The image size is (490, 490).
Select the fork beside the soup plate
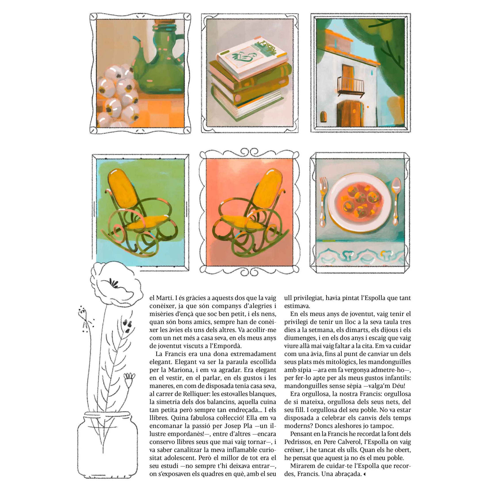point(323,201)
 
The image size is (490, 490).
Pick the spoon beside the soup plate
point(396,200)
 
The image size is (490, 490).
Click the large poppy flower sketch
point(115,284)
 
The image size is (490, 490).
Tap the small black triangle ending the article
point(364,474)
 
